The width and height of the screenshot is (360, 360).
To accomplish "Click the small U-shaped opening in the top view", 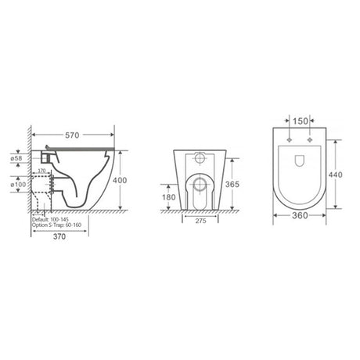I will point(301,162).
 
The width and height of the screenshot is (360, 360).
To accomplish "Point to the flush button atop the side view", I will point(49,148).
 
